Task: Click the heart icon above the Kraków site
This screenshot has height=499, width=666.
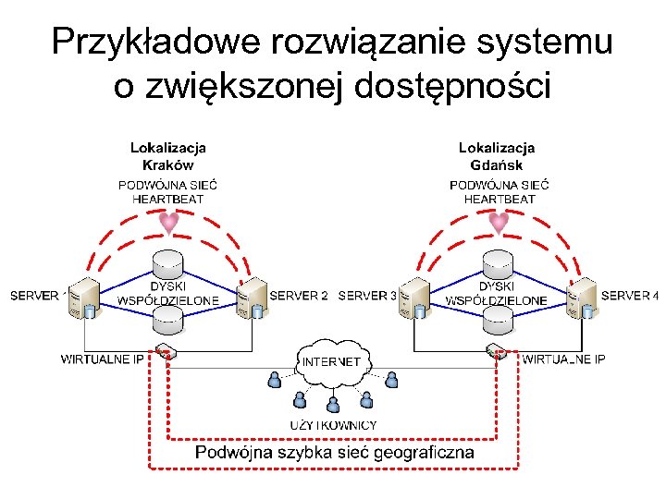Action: tap(168, 223)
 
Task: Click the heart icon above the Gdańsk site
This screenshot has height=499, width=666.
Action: tap(499, 223)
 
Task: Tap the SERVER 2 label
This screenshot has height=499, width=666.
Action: tap(299, 297)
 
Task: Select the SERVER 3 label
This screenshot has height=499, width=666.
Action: tap(367, 297)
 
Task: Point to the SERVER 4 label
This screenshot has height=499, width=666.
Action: tap(629, 297)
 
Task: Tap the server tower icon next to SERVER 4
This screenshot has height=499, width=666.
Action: tap(583, 298)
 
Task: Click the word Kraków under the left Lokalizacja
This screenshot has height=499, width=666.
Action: tap(167, 165)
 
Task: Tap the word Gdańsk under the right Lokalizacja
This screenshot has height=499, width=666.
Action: tap(497, 165)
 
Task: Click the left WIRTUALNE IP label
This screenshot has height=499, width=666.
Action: tap(102, 359)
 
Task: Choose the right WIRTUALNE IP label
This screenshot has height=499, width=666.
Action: tap(563, 359)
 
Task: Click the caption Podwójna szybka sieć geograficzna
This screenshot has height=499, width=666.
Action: tap(334, 452)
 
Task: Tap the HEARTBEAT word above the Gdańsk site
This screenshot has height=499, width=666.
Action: tap(499, 199)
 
